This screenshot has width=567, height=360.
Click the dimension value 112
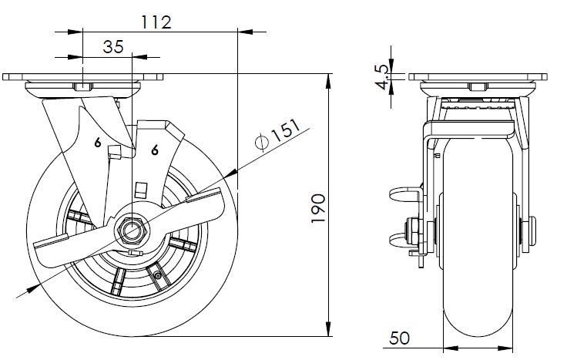156,22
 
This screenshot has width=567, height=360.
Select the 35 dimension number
113,46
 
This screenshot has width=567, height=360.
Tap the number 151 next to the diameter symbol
282,133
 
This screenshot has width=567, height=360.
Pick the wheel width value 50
399,338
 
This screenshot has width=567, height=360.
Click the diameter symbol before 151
260,141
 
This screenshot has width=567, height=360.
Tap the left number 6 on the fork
98,142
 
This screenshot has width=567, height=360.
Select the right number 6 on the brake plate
155,150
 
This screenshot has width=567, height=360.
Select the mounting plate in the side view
478,78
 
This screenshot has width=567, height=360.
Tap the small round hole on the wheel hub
158,275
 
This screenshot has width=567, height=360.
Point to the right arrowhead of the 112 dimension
242,32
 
